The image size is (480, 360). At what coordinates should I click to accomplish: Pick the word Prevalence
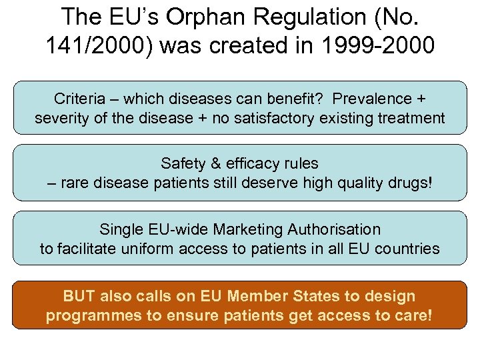(x=373, y=99)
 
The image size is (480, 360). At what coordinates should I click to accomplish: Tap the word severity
(x=61, y=119)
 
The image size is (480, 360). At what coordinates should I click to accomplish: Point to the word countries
(x=408, y=249)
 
